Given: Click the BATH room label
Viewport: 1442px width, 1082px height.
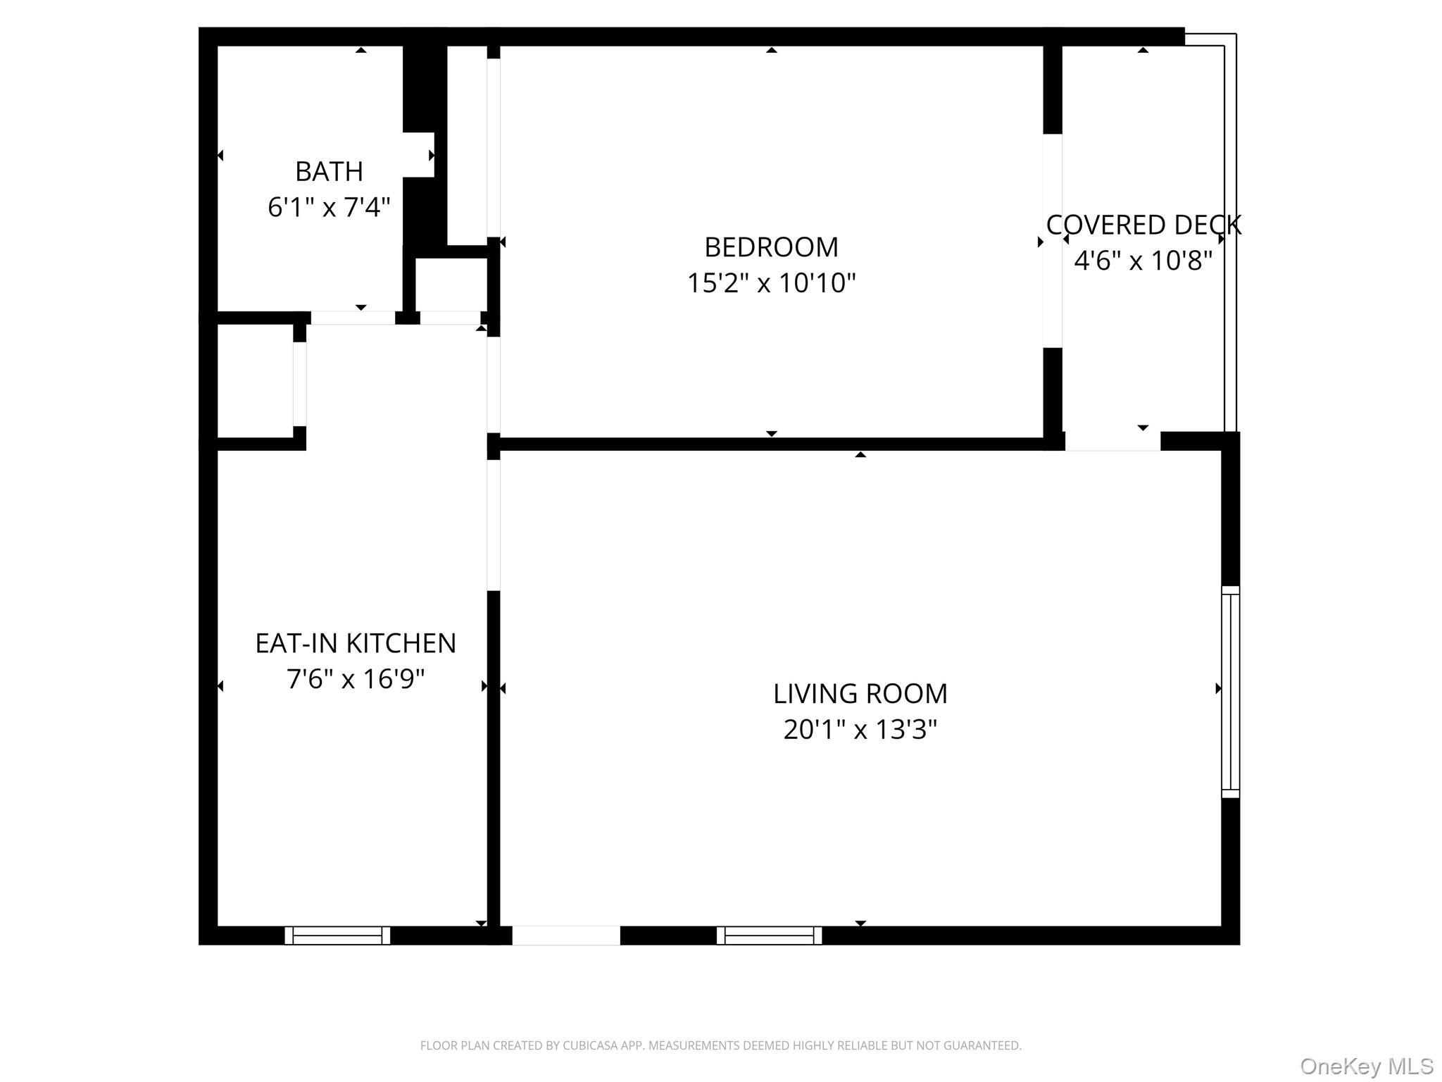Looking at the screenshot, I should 329,171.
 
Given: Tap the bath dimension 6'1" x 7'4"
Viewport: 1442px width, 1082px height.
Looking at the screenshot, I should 329,207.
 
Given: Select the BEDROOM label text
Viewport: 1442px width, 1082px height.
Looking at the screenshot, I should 771,247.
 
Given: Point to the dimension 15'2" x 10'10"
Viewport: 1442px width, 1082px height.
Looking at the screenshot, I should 771,283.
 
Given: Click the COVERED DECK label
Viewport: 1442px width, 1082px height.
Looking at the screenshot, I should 1143,225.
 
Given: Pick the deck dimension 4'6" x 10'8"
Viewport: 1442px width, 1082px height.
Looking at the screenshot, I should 1143,261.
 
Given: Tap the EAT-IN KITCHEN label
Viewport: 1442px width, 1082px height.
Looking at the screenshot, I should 356,643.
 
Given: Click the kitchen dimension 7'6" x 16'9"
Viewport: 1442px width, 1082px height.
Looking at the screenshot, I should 356,679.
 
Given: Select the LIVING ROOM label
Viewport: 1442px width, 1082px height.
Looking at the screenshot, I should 860,694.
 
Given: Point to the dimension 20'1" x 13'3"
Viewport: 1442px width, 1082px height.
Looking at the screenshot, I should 860,730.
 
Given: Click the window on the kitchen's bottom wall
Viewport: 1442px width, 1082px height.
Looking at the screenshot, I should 337,935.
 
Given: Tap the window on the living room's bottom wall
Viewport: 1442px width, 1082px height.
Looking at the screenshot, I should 769,935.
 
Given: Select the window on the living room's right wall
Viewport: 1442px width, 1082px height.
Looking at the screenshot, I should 1230,692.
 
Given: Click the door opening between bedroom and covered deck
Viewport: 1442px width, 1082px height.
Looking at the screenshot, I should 1052,240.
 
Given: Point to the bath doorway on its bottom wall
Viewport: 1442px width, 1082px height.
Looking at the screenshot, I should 353,318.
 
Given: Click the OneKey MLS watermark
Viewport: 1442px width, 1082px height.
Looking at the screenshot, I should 1366,1067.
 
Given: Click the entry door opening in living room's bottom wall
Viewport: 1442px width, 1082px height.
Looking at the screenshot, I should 565,935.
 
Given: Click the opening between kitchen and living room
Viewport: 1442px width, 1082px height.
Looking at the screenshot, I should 494,525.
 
